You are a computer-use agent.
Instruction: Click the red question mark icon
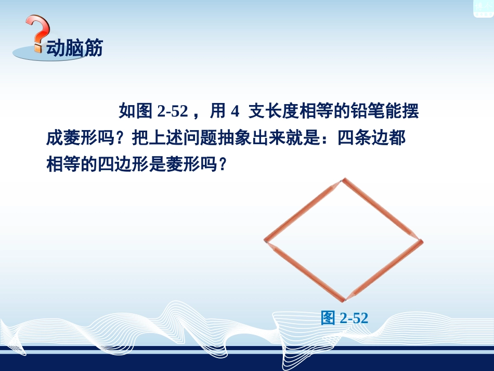[38, 33]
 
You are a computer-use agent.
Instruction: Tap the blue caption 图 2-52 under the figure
[344, 317]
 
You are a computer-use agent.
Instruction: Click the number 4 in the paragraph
[235, 111]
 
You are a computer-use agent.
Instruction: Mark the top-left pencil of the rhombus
[303, 211]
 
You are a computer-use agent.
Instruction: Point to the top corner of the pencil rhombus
[342, 181]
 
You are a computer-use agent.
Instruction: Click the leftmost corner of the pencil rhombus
[266, 241]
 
